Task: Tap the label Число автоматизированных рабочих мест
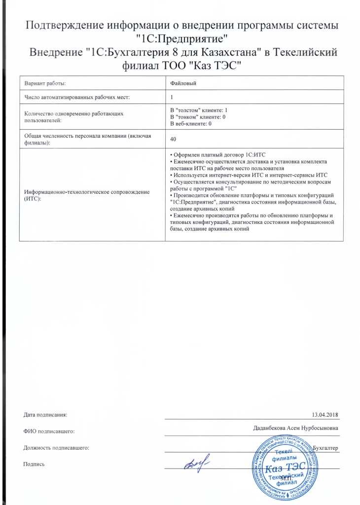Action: click(77, 97)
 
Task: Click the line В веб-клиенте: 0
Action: click(190, 124)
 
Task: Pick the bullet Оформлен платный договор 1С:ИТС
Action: click(217, 155)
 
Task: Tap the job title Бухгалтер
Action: click(326, 447)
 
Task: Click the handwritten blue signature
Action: click(196, 464)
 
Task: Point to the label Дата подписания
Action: click(45, 415)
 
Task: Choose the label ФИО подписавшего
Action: click(49, 432)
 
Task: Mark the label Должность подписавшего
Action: click(56, 448)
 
